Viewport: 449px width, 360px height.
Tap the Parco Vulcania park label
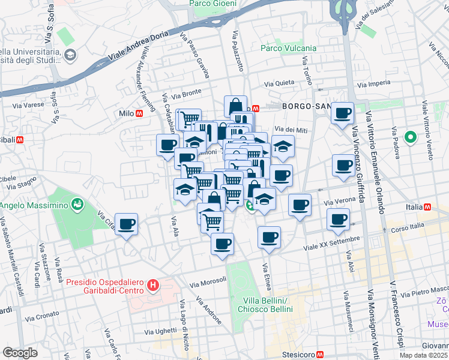280,48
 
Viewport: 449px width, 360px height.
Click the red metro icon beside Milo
139,113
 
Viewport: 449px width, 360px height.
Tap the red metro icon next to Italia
428,207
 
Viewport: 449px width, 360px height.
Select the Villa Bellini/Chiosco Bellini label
268,305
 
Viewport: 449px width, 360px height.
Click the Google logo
19,353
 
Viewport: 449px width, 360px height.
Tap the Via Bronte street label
186,95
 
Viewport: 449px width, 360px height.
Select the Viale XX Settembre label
331,242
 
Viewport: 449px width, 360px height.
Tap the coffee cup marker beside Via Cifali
127,225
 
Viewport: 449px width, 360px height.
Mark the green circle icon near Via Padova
411,137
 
